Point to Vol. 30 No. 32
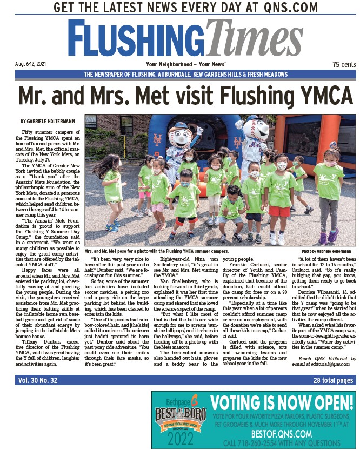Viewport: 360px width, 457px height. click(38, 380)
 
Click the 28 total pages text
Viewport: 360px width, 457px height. click(333, 380)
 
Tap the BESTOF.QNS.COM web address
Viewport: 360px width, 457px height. click(281, 434)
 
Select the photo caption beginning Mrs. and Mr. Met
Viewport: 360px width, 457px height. click(157, 251)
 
